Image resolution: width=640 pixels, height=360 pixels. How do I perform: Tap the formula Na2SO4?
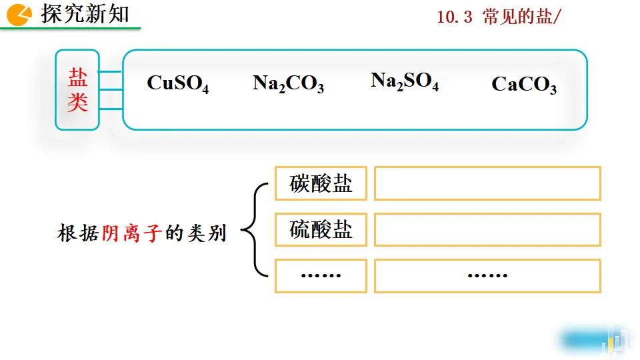[x=405, y=81]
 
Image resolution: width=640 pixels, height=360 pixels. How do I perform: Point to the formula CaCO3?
[x=524, y=85]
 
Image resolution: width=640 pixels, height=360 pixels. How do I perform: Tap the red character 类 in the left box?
[x=77, y=103]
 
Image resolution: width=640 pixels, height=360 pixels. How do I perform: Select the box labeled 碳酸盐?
[x=321, y=183]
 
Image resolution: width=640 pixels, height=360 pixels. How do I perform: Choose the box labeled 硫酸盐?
[x=321, y=230]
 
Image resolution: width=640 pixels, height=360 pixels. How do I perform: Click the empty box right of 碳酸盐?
[x=487, y=183]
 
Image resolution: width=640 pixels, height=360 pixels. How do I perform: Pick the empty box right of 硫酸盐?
[x=487, y=230]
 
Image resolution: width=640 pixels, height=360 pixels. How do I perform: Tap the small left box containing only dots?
[x=321, y=275]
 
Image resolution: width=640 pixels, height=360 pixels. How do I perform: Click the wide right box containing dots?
[x=487, y=275]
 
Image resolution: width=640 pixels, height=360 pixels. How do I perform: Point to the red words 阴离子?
[x=132, y=233]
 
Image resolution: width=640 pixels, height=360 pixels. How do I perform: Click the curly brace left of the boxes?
[x=251, y=230]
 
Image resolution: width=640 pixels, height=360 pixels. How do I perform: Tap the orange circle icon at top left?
[x=21, y=15]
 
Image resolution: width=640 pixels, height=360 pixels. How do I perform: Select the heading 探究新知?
[x=85, y=14]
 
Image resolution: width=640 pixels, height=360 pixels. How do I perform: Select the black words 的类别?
[x=196, y=233]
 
